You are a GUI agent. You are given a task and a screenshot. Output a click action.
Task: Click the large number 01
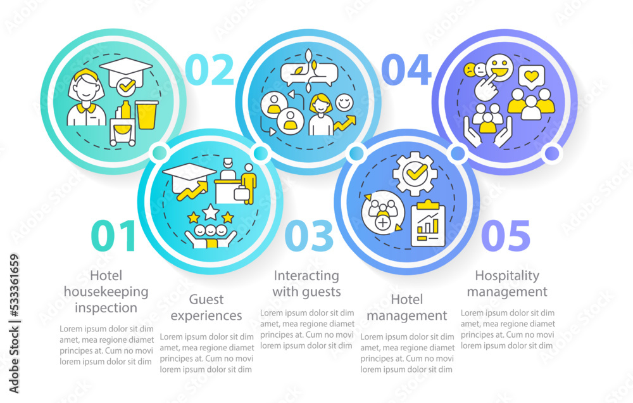tap(115, 236)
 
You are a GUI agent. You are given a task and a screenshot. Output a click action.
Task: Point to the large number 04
tap(410, 70)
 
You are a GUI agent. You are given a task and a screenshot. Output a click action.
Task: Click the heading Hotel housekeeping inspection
tap(106, 292)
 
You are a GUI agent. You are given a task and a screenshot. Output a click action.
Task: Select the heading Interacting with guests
tap(307, 284)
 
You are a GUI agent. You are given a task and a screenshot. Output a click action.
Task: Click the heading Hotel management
tap(407, 307)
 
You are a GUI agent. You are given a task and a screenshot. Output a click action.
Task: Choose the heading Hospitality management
tap(511, 284)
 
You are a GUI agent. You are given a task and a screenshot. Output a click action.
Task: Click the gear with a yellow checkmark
tap(415, 172)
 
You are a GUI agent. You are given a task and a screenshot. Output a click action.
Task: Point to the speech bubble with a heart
tap(531, 77)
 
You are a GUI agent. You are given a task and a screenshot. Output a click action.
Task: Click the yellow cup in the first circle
tap(147, 114)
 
